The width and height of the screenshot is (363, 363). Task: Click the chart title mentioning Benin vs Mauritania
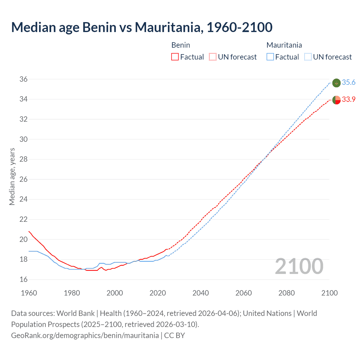(x=142, y=27)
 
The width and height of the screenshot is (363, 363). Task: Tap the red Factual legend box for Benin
(x=175, y=57)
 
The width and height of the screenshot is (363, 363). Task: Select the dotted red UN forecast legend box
(x=213, y=57)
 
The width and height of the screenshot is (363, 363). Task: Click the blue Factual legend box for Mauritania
(x=270, y=57)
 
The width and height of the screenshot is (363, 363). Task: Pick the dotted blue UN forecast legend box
(x=308, y=57)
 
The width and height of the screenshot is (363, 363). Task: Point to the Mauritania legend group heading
(x=284, y=45)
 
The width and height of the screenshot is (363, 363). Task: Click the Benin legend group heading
(x=181, y=45)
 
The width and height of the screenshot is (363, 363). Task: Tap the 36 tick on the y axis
(x=24, y=79)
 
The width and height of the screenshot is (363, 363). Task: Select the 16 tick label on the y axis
(x=24, y=279)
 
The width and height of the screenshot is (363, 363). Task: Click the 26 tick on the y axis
(x=24, y=179)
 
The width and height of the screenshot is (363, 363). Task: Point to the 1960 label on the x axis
(x=29, y=293)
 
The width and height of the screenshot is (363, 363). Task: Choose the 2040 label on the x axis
(x=201, y=293)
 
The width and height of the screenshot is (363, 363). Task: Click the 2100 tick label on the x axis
(x=330, y=293)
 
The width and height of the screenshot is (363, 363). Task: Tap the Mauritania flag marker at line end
(x=336, y=83)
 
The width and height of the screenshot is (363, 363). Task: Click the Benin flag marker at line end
(x=336, y=100)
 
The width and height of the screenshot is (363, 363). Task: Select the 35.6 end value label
(x=349, y=83)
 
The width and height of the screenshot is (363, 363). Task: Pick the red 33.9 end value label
(x=349, y=100)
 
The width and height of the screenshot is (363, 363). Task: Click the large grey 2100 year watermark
(x=299, y=266)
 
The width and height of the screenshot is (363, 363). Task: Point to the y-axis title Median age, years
(x=12, y=176)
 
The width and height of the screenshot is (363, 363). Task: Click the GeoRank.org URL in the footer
(x=85, y=335)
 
